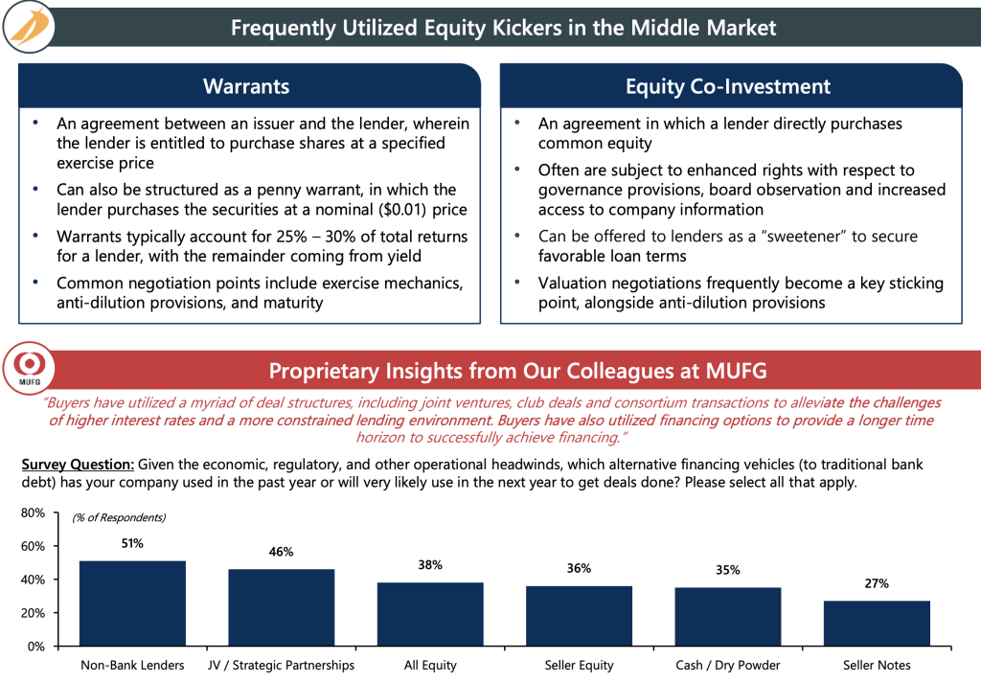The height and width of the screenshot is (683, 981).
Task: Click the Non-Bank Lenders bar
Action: click(132, 603)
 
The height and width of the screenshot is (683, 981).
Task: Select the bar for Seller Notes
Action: click(877, 623)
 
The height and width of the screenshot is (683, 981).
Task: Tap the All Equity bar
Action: click(430, 613)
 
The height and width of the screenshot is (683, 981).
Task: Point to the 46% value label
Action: click(281, 552)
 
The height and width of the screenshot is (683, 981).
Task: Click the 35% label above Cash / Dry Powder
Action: click(728, 570)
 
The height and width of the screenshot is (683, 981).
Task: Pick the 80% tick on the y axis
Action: click(33, 513)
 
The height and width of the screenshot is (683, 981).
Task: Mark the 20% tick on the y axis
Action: click(33, 613)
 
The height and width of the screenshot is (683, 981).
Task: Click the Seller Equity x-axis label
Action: click(579, 665)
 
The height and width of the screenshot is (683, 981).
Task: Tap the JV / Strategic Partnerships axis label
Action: click(281, 665)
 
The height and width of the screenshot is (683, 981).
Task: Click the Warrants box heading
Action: click(246, 87)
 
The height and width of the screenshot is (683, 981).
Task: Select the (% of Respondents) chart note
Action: click(119, 518)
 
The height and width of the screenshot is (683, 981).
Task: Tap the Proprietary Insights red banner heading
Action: click(517, 371)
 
